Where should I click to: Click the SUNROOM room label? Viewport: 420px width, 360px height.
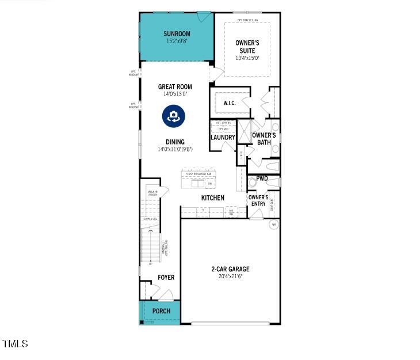tap(176, 33)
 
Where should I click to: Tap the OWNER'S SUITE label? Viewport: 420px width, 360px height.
tap(247, 47)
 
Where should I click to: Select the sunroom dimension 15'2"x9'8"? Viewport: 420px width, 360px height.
tap(176, 41)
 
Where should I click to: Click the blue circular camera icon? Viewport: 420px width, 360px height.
tap(173, 116)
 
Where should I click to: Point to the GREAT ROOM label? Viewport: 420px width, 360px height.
tap(175, 87)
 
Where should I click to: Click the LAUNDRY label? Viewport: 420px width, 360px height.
tap(223, 138)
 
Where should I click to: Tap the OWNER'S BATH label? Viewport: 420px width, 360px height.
tap(264, 138)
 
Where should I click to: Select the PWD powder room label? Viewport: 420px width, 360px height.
tap(262, 179)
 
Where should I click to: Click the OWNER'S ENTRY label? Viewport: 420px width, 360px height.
tap(258, 200)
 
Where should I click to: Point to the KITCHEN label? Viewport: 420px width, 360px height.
tap(212, 198)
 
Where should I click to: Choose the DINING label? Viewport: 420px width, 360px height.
tap(175, 142)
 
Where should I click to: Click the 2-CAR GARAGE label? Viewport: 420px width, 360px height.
tap(230, 269)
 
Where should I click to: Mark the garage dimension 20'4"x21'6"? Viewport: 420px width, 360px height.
tap(230, 276)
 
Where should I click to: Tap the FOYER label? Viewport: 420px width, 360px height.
tap(166, 278)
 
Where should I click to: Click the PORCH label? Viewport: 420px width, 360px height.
tap(161, 311)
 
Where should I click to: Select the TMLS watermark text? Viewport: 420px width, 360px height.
tap(15, 344)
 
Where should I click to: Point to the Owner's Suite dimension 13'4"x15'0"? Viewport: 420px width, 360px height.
tap(247, 58)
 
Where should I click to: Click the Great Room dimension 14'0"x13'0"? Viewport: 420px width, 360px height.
tap(175, 94)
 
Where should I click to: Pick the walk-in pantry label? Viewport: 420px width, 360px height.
tap(152, 194)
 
